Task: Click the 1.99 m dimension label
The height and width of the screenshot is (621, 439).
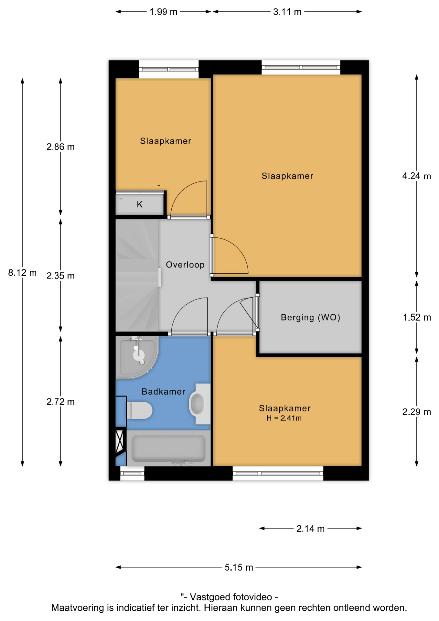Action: tap(163, 12)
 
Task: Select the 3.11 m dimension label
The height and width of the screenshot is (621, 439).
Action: tap(287, 12)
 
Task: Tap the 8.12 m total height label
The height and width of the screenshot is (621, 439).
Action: tap(22, 273)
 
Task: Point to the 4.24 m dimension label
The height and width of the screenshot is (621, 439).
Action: tap(416, 176)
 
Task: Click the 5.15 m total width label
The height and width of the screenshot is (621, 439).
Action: tap(239, 567)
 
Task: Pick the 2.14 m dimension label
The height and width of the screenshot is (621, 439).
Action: tap(310, 528)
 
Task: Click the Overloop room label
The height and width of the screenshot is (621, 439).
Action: tap(185, 265)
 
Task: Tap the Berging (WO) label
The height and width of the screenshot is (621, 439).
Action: tap(310, 317)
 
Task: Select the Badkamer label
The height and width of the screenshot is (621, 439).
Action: tap(163, 392)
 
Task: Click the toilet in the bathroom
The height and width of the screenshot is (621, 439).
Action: tap(139, 410)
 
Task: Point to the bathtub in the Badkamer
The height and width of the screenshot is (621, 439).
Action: tap(168, 448)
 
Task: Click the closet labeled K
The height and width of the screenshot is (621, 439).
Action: tap(140, 204)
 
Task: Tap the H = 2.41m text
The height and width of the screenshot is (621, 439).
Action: tap(284, 418)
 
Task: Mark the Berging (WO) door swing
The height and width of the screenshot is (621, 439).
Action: tap(249, 312)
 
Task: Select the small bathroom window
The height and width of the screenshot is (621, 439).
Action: tap(132, 474)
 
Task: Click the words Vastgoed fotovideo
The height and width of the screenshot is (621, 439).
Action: tap(231, 597)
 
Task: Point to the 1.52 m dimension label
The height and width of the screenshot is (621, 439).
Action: tap(417, 318)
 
